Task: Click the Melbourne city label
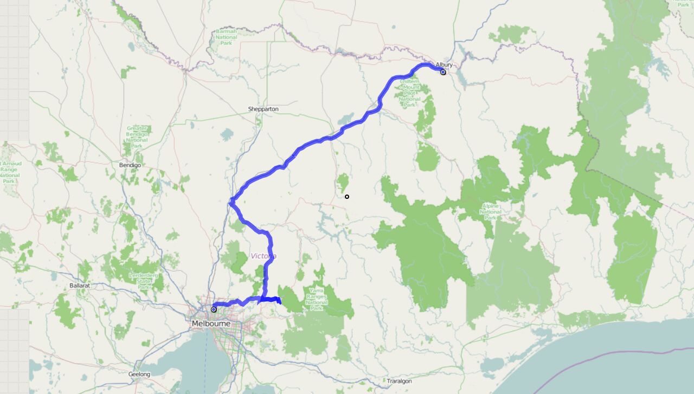211,324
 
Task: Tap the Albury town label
444,65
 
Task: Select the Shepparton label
264,109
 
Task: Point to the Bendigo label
130,165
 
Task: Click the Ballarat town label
79,285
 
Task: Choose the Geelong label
139,374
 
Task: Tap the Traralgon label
399,381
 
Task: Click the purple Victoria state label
264,256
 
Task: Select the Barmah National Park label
226,37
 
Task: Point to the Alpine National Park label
490,211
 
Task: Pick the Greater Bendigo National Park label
136,136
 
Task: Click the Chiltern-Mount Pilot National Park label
409,92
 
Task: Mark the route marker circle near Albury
443,72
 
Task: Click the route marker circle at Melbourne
214,309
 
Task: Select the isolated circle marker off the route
347,197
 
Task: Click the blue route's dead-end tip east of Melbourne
280,302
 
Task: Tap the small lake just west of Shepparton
227,134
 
